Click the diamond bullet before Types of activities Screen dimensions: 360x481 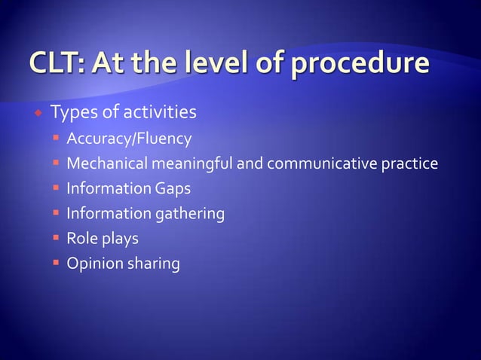pyautogui.click(x=37, y=114)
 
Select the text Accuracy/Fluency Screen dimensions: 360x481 pyautogui.click(x=129, y=139)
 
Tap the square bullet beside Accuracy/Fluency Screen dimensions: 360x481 pyautogui.click(x=57, y=139)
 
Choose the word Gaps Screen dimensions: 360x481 pyautogui.click(x=173, y=189)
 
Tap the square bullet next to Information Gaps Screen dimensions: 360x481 pyautogui.click(x=57, y=188)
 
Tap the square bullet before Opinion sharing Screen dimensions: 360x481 pyautogui.click(x=57, y=264)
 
